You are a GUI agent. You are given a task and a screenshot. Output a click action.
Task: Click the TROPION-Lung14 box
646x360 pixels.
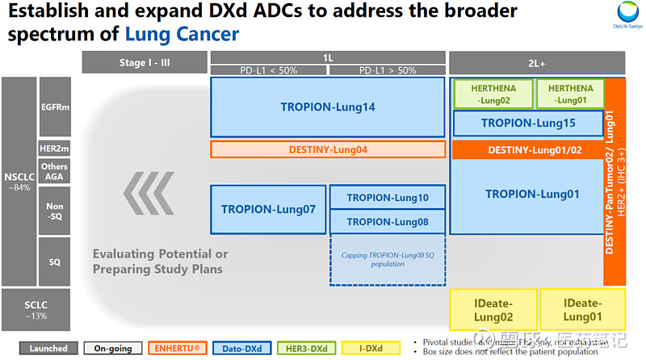click(328, 107)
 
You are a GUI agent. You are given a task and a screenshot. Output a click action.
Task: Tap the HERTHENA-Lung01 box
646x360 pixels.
click(568, 94)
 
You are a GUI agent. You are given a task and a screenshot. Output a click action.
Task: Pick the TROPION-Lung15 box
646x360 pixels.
click(528, 123)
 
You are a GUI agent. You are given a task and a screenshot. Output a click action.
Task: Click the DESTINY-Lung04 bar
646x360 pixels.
click(328, 149)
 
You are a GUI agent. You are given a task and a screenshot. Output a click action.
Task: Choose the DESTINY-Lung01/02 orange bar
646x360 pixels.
click(528, 149)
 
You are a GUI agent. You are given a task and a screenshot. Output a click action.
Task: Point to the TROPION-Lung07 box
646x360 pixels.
click(268, 209)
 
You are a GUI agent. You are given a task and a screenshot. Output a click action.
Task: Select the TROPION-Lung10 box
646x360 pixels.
click(388, 198)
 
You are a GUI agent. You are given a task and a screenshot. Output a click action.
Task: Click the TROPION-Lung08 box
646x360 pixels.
click(388, 221)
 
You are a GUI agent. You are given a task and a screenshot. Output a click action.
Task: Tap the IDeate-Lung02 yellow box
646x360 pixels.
click(492, 312)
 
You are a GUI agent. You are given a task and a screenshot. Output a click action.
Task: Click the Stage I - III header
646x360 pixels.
click(144, 61)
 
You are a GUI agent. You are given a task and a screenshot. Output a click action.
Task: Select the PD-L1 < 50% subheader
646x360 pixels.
click(269, 71)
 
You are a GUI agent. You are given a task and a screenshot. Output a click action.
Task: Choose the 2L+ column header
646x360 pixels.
click(537, 62)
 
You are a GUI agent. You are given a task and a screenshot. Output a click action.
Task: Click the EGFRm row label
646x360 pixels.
click(55, 107)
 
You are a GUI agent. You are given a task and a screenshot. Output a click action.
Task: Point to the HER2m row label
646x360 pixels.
click(55, 149)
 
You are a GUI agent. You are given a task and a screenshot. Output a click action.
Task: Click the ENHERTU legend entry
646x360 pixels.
click(182, 348)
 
